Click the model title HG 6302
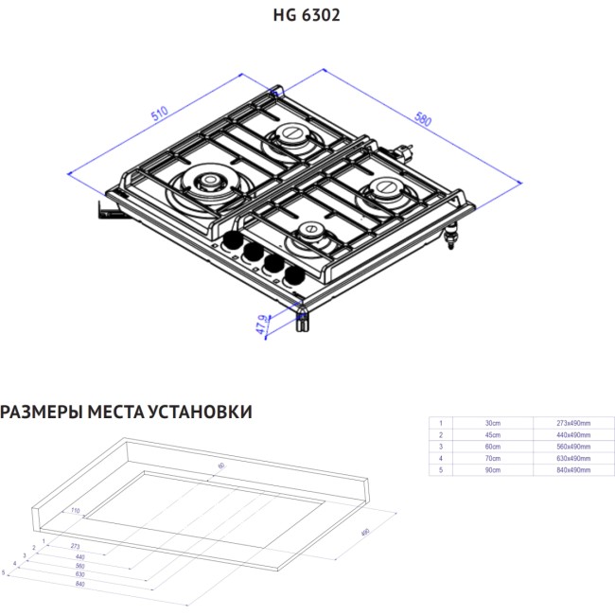[x=307, y=15]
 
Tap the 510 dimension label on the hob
[x=160, y=114]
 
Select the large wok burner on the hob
[x=206, y=184]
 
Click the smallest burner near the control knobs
[x=311, y=233]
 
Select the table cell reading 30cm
[x=493, y=423]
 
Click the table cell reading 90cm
[x=493, y=468]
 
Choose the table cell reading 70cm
[x=493, y=457]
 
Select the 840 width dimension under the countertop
[x=80, y=586]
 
